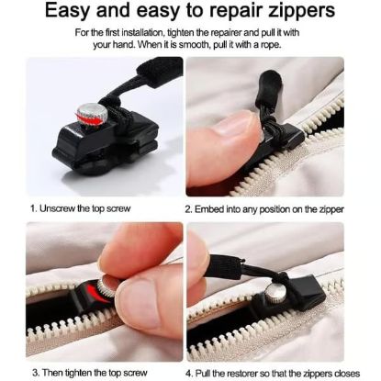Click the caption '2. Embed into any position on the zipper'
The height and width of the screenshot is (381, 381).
264,207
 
